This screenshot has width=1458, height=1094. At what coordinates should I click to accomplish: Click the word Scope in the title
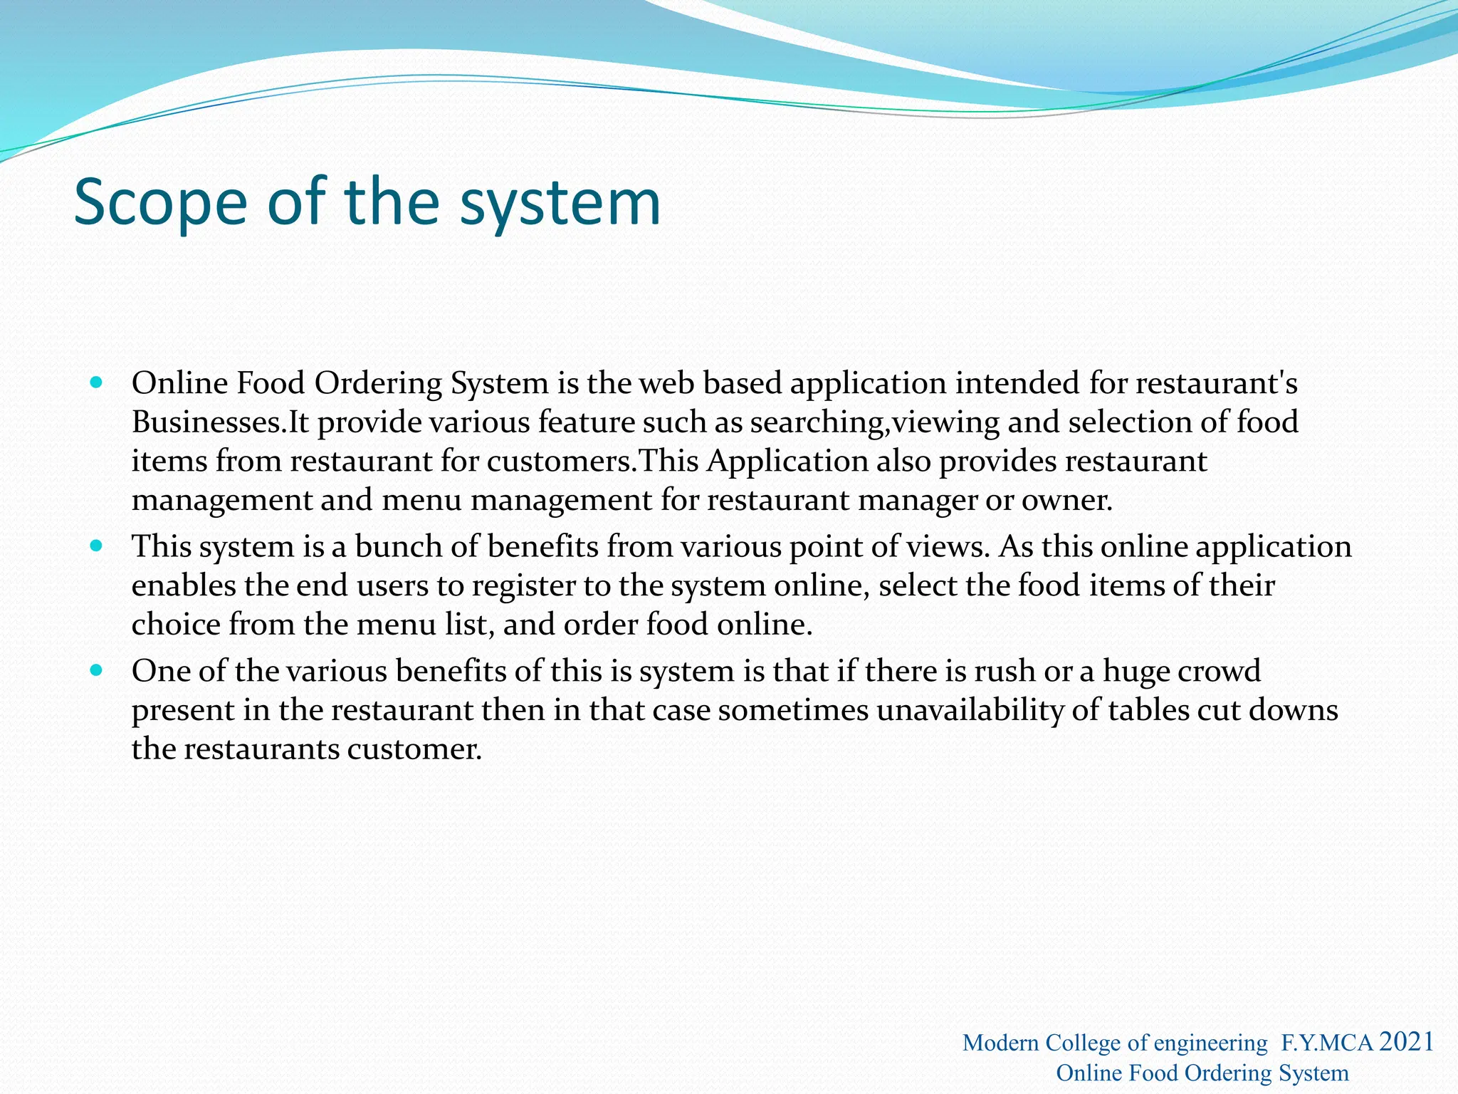click(160, 203)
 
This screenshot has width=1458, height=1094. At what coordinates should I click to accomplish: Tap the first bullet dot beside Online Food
click(97, 382)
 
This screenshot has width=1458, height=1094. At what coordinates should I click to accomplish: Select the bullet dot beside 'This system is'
click(97, 546)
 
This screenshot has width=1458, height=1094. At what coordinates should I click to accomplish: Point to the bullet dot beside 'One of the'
click(97, 670)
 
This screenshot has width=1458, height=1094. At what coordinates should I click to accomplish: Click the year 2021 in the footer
click(1406, 1041)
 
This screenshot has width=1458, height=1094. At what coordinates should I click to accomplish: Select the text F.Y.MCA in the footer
click(1327, 1043)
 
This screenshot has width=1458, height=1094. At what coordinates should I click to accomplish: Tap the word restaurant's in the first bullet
click(1216, 383)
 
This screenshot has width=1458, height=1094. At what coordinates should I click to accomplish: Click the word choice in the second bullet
click(176, 625)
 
